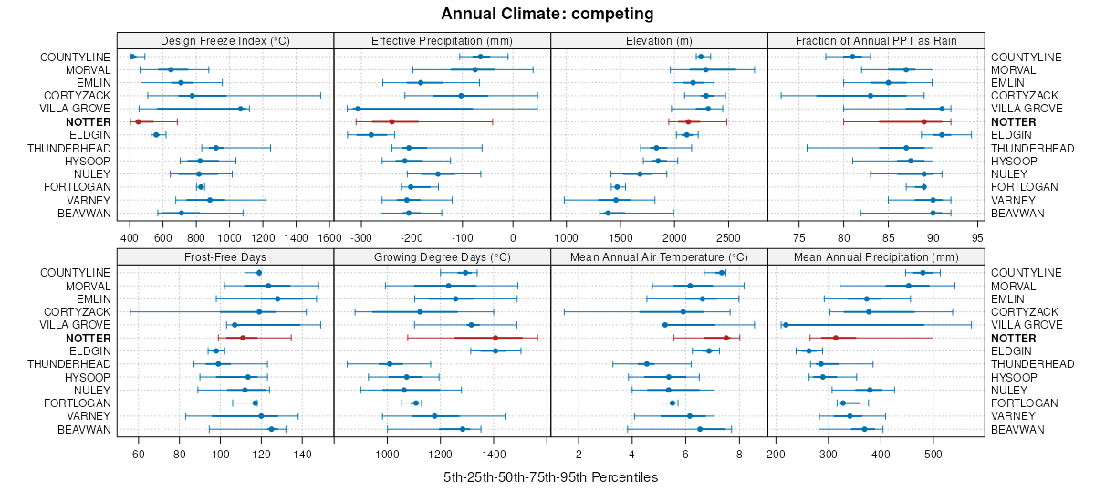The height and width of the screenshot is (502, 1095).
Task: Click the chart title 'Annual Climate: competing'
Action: click(x=547, y=14)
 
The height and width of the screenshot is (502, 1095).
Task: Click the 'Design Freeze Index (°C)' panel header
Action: click(x=225, y=40)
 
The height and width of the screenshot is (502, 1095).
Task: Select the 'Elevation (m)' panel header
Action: click(x=659, y=40)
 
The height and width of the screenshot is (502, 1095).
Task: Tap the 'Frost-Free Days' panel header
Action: click(x=225, y=256)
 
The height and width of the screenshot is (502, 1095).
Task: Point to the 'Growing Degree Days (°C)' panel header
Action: click(x=442, y=256)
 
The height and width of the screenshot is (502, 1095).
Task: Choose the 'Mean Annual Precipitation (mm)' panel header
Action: click(x=876, y=256)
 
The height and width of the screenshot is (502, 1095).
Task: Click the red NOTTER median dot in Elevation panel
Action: click(x=688, y=121)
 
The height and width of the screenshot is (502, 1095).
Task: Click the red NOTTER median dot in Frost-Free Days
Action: click(x=243, y=338)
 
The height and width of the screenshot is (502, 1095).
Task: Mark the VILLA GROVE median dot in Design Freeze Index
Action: click(x=241, y=109)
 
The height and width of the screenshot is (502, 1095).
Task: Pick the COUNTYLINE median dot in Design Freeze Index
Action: click(x=132, y=57)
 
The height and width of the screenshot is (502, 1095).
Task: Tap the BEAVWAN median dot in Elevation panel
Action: click(x=608, y=213)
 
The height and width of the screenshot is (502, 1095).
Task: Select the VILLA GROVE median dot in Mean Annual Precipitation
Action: click(x=786, y=325)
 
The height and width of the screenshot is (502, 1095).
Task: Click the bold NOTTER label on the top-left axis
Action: click(x=88, y=121)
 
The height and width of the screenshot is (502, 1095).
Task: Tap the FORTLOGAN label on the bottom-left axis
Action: click(x=82, y=403)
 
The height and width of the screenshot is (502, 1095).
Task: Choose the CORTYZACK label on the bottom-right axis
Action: click(x=1025, y=311)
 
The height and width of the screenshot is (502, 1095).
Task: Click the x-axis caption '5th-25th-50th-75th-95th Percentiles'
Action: click(x=550, y=477)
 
